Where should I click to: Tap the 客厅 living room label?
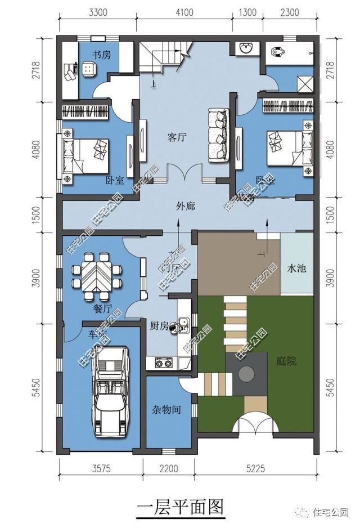[x=177, y=137]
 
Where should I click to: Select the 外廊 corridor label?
[x=185, y=207]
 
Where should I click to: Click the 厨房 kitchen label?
[x=159, y=326]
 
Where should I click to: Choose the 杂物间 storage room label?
[x=166, y=410]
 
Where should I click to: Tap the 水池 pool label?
[x=296, y=269]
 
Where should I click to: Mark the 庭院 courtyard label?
[x=286, y=361]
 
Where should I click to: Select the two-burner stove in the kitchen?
[x=163, y=363]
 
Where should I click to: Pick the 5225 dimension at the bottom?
[x=255, y=468]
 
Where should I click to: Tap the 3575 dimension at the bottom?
[x=101, y=468]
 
